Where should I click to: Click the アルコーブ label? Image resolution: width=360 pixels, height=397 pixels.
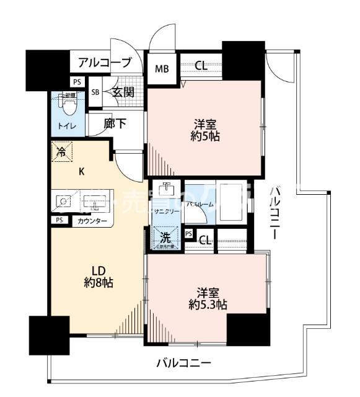point(105,63)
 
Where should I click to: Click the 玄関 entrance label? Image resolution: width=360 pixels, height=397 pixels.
point(123,92)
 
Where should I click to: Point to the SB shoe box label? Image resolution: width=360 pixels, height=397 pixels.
point(95,92)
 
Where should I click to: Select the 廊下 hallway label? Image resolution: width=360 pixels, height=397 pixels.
point(115,124)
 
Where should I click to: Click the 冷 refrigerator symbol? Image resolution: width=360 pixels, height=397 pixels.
point(61,151)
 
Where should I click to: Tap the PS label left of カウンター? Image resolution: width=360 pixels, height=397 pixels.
point(59,220)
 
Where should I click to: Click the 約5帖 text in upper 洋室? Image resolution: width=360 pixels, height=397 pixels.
point(204,135)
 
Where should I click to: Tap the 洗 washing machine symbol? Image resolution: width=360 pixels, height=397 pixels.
point(166,236)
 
